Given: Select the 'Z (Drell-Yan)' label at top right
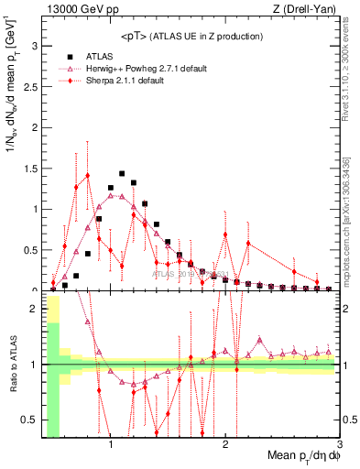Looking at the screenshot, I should (x=308, y=8).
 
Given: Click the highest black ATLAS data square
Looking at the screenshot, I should (x=122, y=173).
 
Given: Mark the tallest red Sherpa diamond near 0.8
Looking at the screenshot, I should (x=88, y=175).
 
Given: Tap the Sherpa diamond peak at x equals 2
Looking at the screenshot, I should (x=225, y=234).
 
